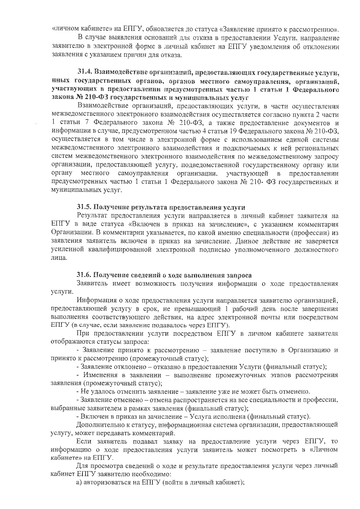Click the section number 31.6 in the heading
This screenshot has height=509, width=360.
point(84,275)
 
